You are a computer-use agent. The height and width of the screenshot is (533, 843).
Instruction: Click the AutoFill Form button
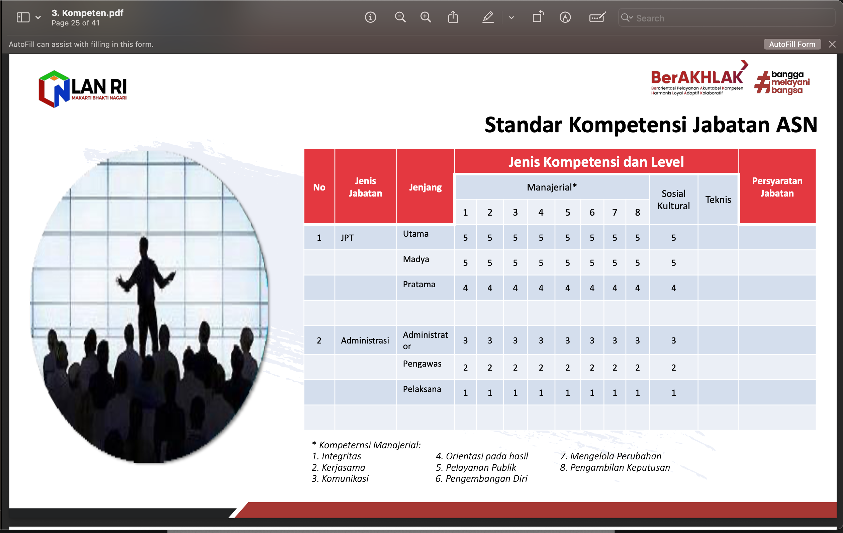coord(792,44)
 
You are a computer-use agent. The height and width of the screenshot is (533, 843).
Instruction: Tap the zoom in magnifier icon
coord(426,17)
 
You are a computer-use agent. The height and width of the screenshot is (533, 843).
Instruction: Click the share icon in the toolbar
coord(453,17)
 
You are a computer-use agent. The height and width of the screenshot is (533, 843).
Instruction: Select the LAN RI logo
coord(83,89)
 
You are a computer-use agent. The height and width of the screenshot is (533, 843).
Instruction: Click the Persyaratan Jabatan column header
coord(777,187)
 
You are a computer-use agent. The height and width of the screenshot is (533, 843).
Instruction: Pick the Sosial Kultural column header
coord(673,200)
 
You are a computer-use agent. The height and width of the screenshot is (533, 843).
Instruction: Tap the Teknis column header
coord(718,200)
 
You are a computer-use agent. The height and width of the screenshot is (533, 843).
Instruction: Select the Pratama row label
coord(419,284)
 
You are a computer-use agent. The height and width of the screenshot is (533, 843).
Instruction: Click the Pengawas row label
coord(422,364)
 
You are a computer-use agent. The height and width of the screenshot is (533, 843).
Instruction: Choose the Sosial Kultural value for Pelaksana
coord(673,393)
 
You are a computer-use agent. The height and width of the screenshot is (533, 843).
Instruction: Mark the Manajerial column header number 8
coord(638,212)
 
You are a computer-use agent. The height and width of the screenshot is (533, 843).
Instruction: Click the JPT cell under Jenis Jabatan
coord(347,238)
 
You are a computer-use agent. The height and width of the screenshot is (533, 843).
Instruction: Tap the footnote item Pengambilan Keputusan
coord(615,467)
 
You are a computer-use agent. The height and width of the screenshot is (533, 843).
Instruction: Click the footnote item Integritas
coord(337,456)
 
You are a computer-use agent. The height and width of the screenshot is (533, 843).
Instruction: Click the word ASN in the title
coord(797,125)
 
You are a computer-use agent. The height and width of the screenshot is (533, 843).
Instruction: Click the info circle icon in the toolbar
coord(370,17)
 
